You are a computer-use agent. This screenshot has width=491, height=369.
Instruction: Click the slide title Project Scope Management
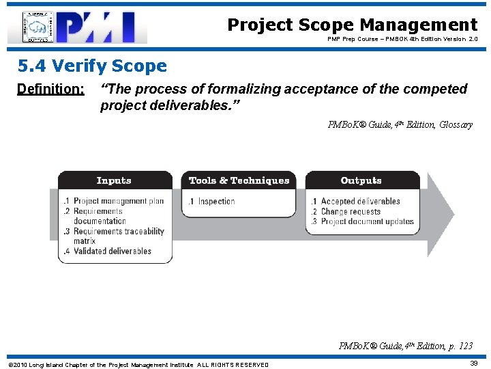pyautogui.click(x=352, y=25)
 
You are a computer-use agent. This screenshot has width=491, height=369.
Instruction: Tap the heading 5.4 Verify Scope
pyautogui.click(x=92, y=66)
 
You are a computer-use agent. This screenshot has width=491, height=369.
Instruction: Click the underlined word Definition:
pyautogui.click(x=50, y=90)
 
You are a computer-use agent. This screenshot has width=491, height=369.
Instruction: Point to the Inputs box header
pyautogui.click(x=114, y=180)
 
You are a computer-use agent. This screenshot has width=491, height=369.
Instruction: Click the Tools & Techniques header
pyautogui.click(x=239, y=180)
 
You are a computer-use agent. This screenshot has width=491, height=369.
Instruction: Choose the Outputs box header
pyautogui.click(x=361, y=180)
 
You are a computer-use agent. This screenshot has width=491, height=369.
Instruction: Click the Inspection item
pyautogui.click(x=215, y=202)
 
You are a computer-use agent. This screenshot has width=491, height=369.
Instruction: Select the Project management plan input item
pyautogui.click(x=116, y=202)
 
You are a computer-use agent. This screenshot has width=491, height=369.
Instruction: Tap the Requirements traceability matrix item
pyautogui.click(x=116, y=236)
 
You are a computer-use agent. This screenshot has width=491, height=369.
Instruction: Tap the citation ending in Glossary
pyautogui.click(x=400, y=124)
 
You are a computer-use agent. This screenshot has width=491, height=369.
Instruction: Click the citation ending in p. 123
pyautogui.click(x=405, y=346)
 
